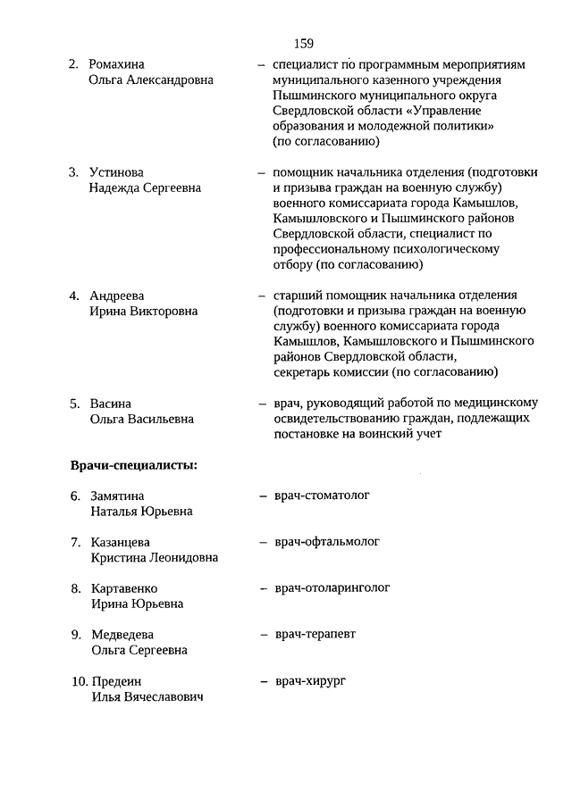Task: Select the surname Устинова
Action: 116,171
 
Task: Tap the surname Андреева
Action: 117,296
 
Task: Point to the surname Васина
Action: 111,403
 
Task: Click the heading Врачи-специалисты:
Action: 134,464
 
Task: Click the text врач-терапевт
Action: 315,634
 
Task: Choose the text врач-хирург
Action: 309,681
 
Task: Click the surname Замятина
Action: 117,496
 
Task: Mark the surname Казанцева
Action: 121,542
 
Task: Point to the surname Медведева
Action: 123,635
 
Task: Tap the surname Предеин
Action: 116,681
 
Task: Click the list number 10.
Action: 79,681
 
